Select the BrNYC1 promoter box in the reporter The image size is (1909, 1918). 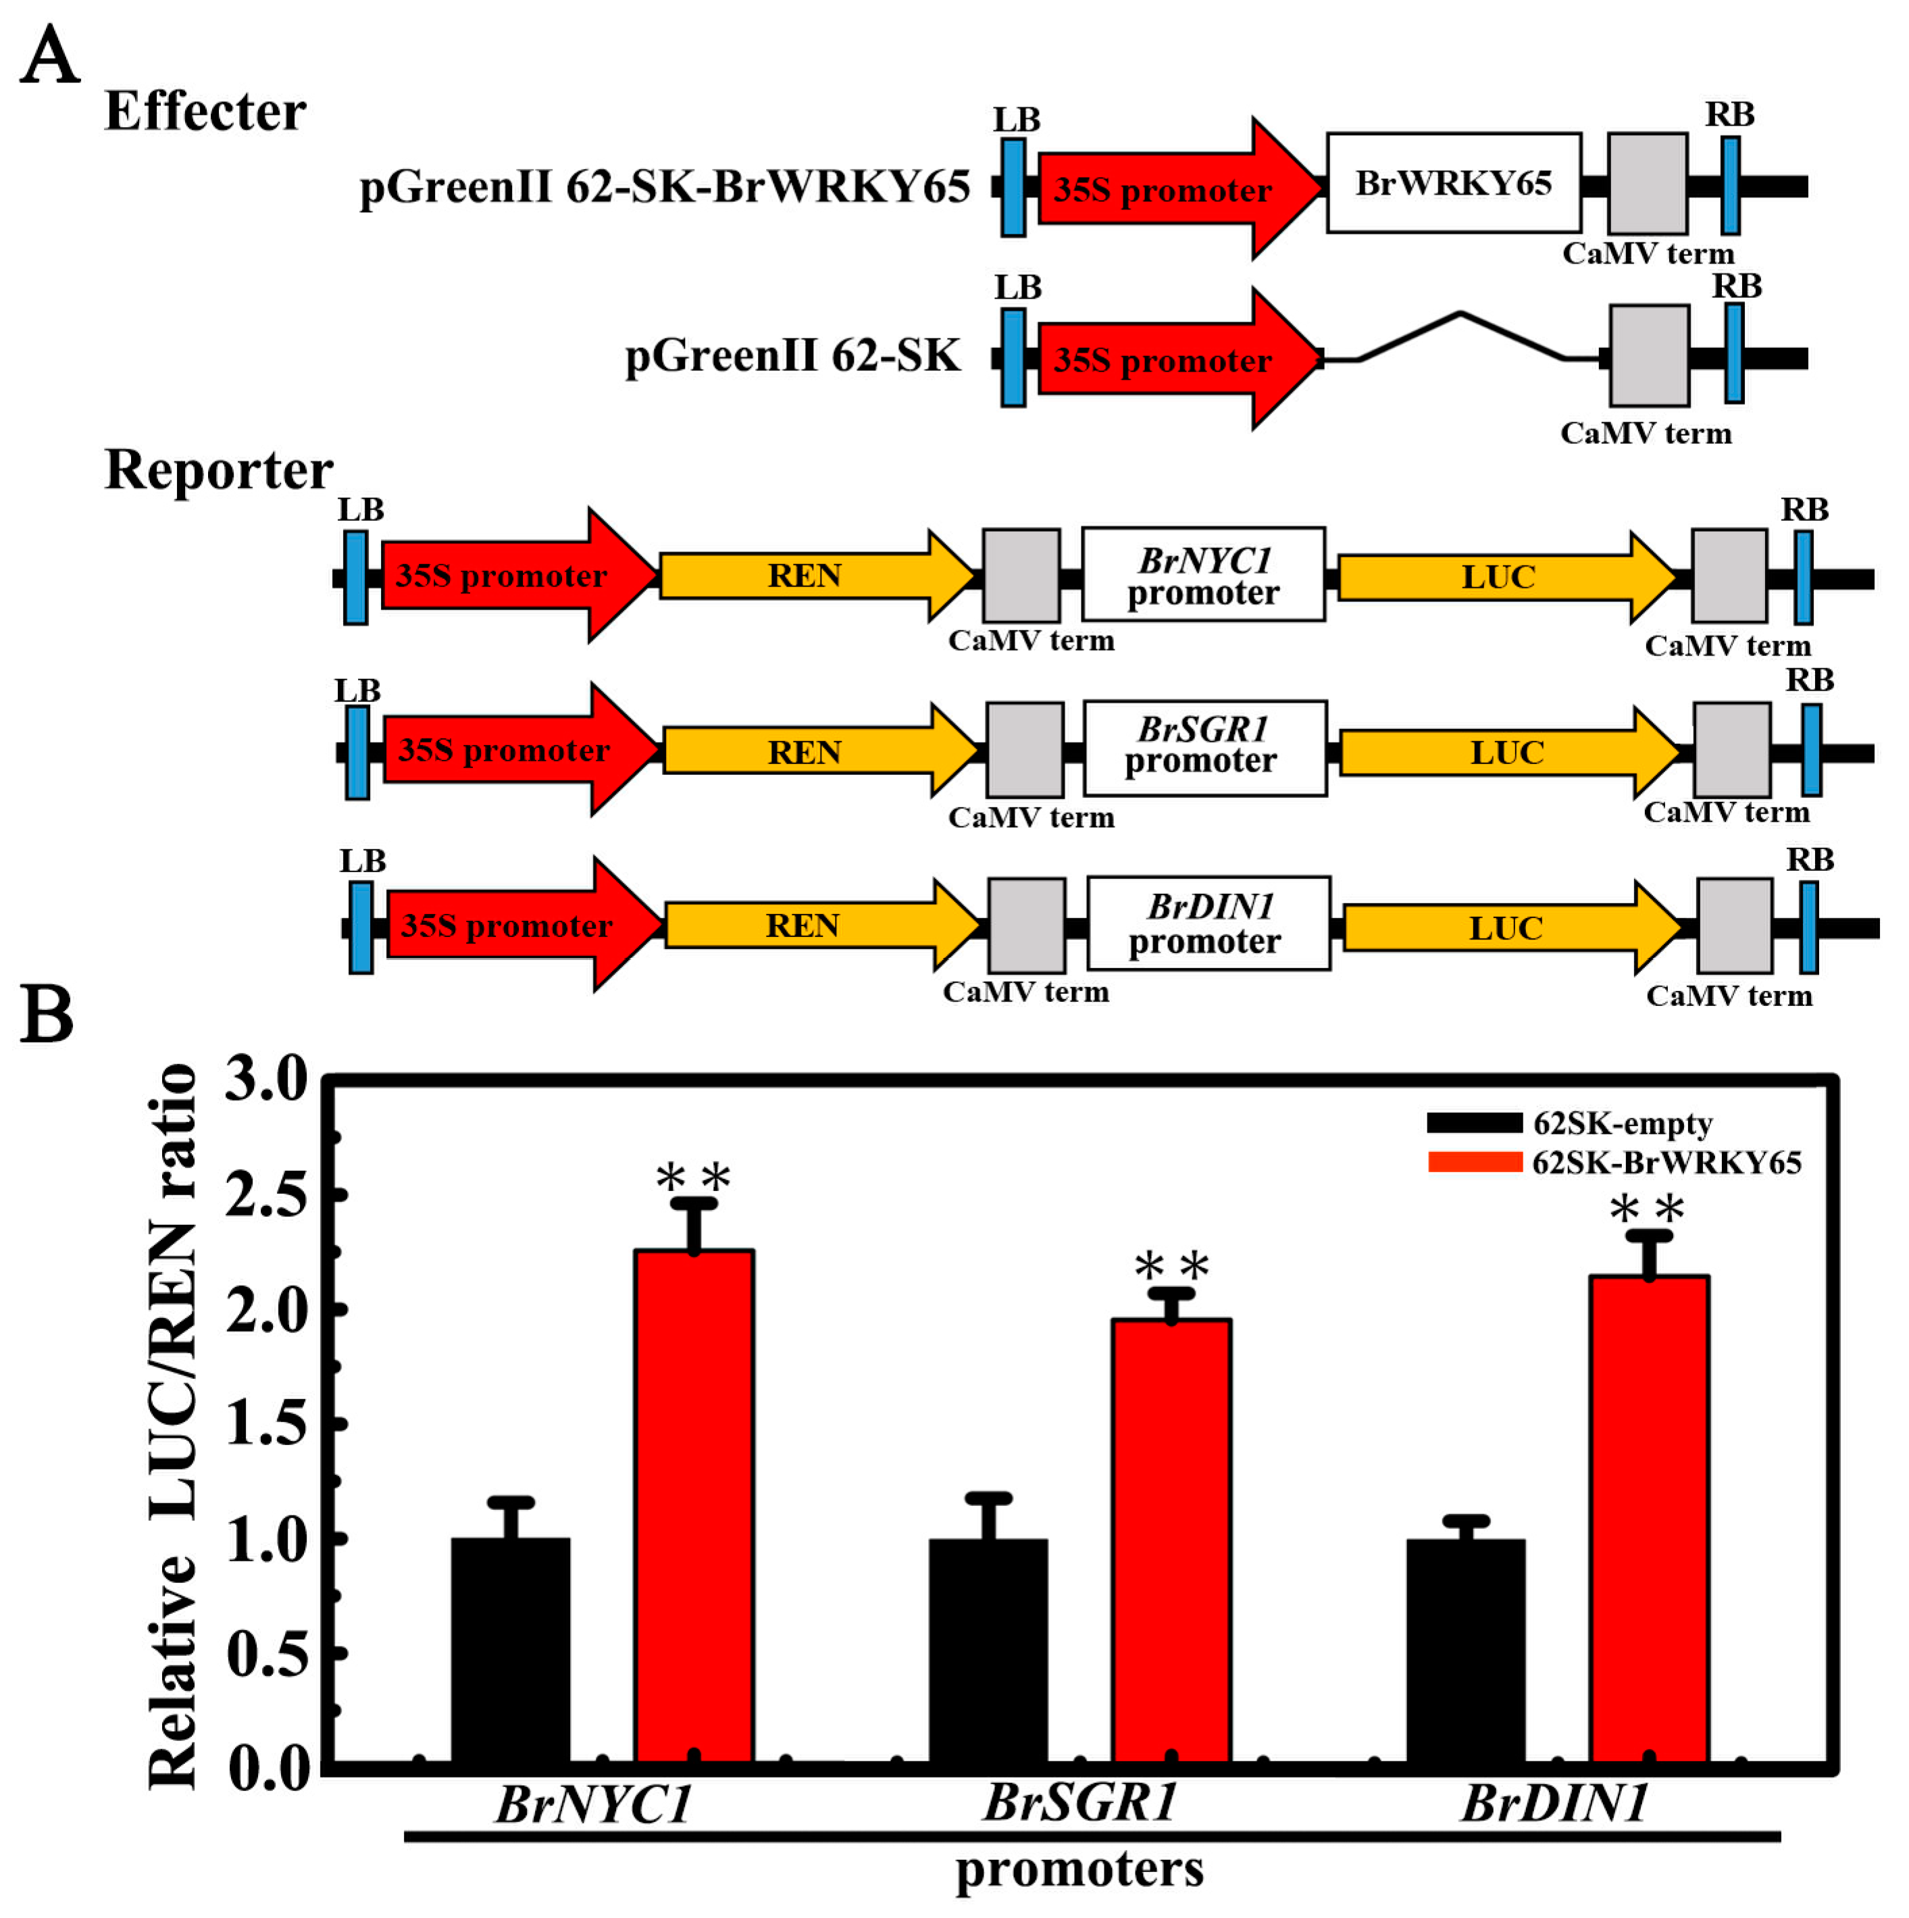(1203, 576)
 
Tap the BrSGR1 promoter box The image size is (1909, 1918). (1204, 749)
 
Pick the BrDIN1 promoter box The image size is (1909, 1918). (1208, 924)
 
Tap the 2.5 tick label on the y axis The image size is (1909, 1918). (267, 1195)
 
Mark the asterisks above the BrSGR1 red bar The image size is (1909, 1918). (1171, 1267)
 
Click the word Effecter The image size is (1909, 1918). (205, 111)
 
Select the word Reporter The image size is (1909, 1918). (218, 470)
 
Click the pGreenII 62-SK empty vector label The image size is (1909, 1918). (792, 355)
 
